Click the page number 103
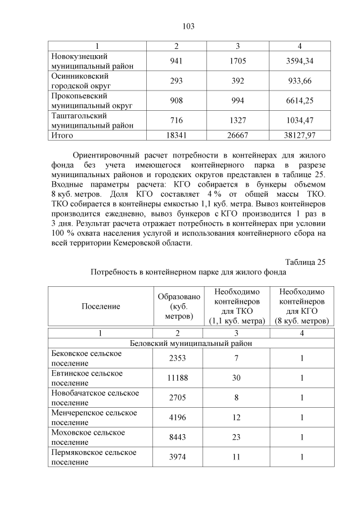pos(188,26)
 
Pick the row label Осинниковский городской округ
pos(80,81)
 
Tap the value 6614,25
pos(299,101)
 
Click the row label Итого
pos(62,136)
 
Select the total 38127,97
pos(299,136)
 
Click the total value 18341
pos(176,136)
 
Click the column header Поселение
pos(101,306)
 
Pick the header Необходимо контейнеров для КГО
pos(301,307)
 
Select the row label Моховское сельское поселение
pos(88,437)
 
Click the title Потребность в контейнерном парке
pos(188,272)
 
